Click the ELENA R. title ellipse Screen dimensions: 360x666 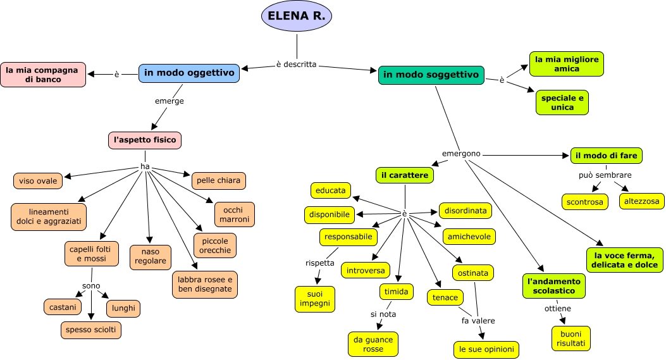[297, 16]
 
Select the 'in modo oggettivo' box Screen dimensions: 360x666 [189, 73]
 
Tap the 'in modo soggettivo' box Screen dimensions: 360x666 [431, 75]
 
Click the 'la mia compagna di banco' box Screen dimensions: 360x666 [42, 75]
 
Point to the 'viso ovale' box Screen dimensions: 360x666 [38, 181]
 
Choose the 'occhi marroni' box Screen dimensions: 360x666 [235, 214]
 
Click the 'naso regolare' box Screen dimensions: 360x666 [150, 256]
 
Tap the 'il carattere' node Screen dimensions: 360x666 [405, 175]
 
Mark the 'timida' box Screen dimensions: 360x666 [397, 292]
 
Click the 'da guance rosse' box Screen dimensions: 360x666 [373, 344]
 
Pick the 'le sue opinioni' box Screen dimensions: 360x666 [486, 349]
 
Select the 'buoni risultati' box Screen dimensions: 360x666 [571, 338]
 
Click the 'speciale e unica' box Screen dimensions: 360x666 [562, 102]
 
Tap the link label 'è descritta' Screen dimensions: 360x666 [296, 65]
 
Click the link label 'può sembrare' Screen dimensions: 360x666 [605, 175]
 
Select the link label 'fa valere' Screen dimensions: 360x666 [478, 321]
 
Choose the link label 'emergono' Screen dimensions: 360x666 [461, 154]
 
